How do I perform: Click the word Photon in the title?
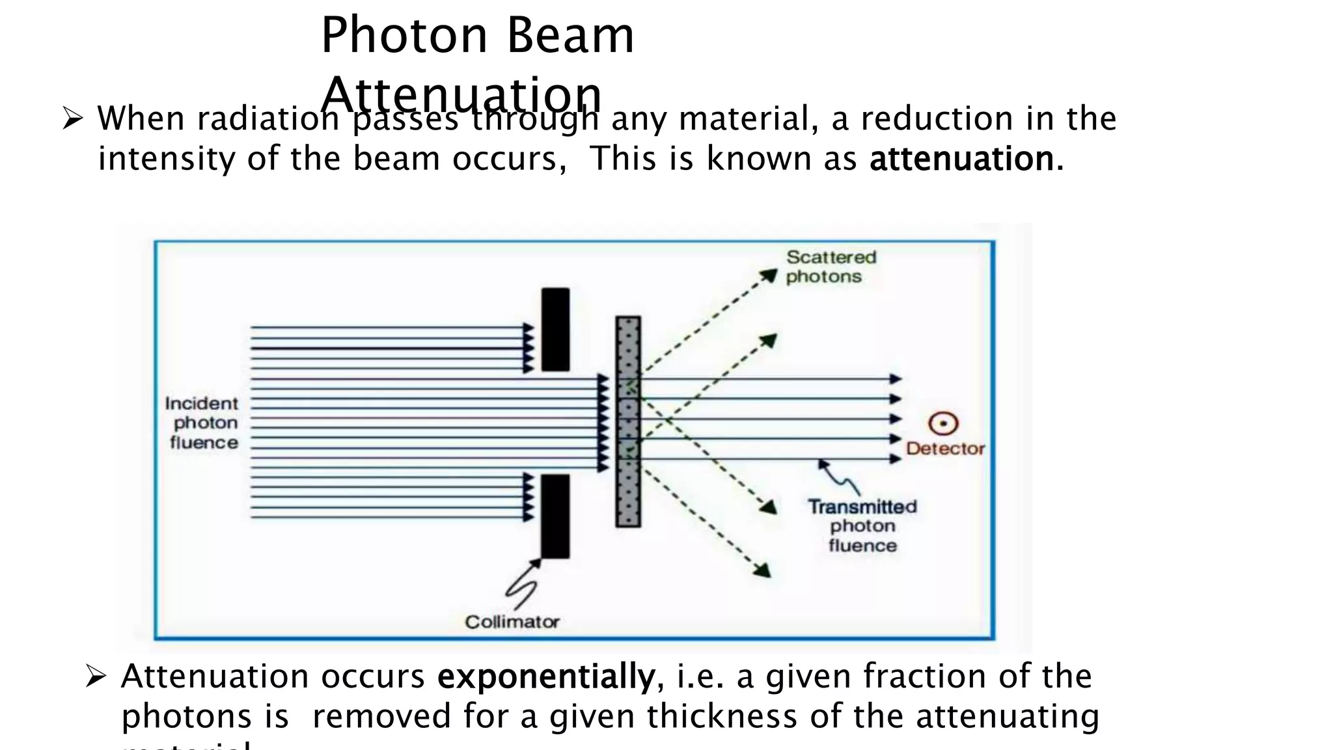404,36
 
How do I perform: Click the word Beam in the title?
570,36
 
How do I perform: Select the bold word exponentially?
545,676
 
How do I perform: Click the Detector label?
945,449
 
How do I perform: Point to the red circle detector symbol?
943,424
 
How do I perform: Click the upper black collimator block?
555,329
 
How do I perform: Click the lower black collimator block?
555,516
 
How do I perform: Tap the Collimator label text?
512,622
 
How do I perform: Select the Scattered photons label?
831,267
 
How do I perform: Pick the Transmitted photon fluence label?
862,526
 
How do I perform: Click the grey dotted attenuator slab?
628,422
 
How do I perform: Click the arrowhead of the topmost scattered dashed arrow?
770,275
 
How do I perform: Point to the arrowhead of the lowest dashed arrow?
763,570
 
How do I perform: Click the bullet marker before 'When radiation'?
72,119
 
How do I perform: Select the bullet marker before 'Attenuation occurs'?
96,677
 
